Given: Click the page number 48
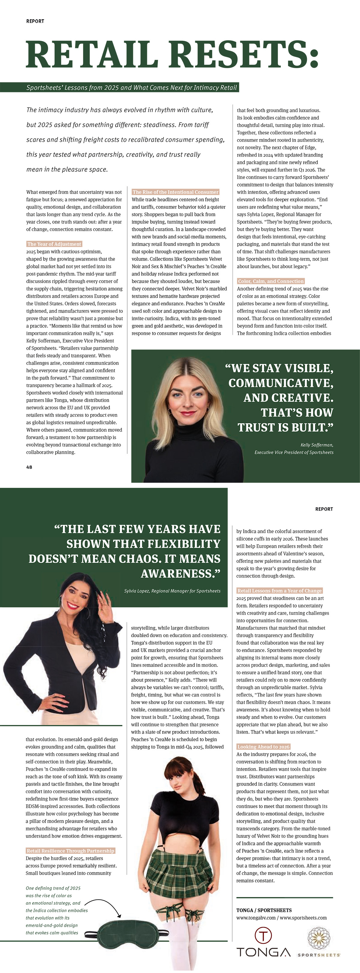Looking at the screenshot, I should pyautogui.click(x=29, y=467).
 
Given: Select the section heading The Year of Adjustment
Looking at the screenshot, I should pyautogui.click(x=54, y=244).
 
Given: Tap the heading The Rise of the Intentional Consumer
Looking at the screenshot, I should pyautogui.click(x=175, y=192).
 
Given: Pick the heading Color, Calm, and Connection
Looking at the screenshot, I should pyautogui.click(x=271, y=281).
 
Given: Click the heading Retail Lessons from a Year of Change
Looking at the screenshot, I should pyautogui.click(x=279, y=590).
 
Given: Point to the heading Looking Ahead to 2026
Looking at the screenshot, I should pyautogui.click(x=263, y=746).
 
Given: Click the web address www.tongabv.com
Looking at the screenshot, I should pyautogui.click(x=256, y=918).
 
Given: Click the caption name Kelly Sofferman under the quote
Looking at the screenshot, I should pyautogui.click(x=316, y=445).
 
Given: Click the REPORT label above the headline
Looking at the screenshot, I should pyautogui.click(x=35, y=21).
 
